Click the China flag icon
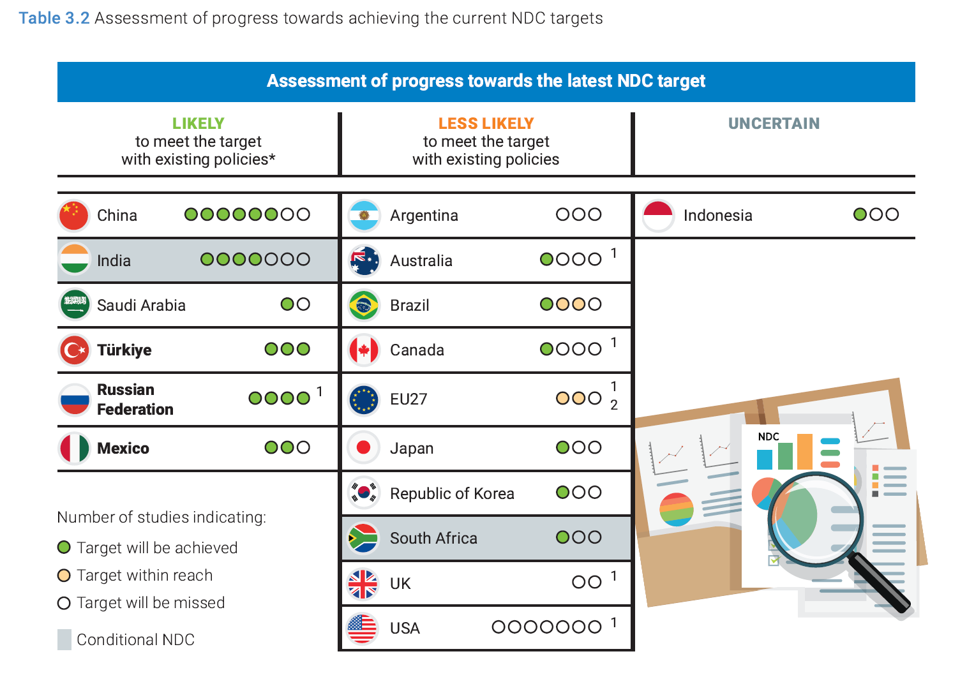(x=73, y=215)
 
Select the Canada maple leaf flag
(x=363, y=350)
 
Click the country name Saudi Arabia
(x=141, y=305)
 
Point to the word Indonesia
(x=718, y=215)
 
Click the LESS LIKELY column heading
(x=486, y=123)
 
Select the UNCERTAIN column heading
(x=774, y=123)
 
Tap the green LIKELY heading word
(x=198, y=123)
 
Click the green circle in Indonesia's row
(x=860, y=214)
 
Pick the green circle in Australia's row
(x=546, y=259)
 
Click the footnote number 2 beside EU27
(x=613, y=405)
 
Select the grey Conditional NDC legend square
(x=64, y=639)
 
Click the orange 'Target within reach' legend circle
(x=64, y=575)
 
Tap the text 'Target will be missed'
(x=151, y=603)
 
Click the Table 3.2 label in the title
(x=54, y=18)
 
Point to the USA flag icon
(x=363, y=628)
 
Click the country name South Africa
(x=433, y=538)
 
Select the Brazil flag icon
(x=363, y=305)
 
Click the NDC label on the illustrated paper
(x=769, y=436)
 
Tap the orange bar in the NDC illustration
(x=804, y=452)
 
